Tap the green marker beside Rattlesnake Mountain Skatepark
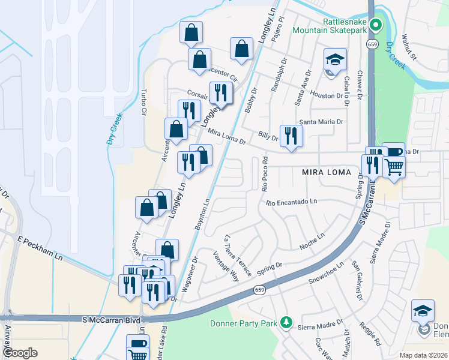[376, 25]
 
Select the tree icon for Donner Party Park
[287, 323]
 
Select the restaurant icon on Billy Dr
[291, 136]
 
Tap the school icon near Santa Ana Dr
[335, 59]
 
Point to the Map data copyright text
[423, 355]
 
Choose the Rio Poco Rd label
[264, 174]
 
